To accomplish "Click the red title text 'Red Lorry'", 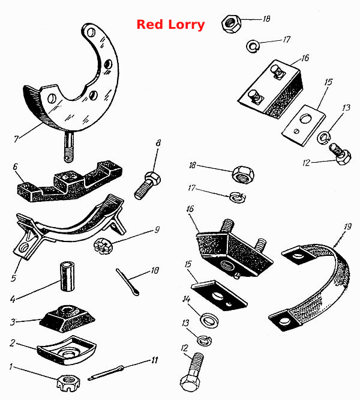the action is click(170, 25).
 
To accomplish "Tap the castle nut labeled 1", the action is click(68, 383).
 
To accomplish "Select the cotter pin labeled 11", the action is click(106, 373).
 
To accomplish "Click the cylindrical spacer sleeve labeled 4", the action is click(68, 277).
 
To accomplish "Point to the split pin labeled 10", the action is click(127, 282).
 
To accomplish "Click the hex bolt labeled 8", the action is click(148, 186).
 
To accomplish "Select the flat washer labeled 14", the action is click(209, 320).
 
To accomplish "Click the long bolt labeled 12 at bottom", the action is click(192, 372).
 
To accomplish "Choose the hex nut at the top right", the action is click(231, 23).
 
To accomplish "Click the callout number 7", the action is click(16, 139).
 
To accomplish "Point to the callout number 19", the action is click(347, 226).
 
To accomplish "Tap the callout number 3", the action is click(13, 322).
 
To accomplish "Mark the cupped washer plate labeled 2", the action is click(67, 350).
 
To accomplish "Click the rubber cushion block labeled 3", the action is click(67, 318).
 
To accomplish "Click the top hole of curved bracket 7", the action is click(91, 32).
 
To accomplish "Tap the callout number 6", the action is click(15, 167).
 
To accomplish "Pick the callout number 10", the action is click(155, 270).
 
